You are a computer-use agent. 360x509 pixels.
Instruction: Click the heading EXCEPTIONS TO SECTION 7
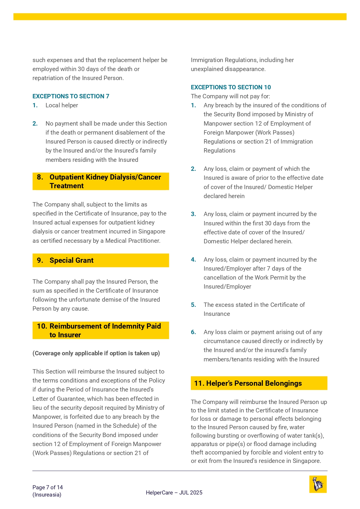point(71,96)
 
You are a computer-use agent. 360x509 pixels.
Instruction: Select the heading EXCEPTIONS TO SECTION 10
point(231,87)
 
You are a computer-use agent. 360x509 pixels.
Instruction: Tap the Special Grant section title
point(71,260)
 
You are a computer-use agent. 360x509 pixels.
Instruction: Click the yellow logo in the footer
point(318,484)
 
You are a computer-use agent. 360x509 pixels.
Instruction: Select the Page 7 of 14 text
point(48,487)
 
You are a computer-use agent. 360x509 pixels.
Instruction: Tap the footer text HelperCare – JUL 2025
point(174,492)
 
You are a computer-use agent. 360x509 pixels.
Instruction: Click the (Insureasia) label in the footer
point(47,495)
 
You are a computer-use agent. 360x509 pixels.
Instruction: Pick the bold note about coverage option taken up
point(96,353)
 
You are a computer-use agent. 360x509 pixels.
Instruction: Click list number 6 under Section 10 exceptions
point(193,332)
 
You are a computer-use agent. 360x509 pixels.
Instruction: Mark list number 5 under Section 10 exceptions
point(193,305)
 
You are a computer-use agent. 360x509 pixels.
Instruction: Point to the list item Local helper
point(61,105)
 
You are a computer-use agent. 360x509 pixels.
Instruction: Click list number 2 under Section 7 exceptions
point(35,124)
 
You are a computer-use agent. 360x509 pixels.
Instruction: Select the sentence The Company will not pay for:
point(230,96)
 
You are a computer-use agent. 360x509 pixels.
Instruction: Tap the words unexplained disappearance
point(228,69)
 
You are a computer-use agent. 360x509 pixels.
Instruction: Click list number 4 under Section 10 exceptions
point(193,260)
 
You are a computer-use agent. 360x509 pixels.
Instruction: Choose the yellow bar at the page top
point(180,17)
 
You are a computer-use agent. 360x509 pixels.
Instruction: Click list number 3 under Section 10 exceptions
point(193,214)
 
